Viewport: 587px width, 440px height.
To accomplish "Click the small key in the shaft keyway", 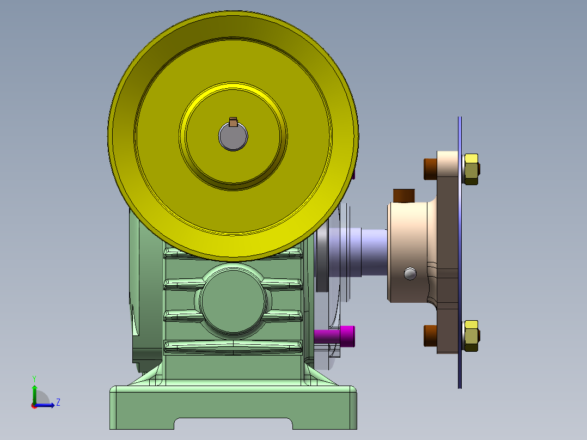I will tap(233, 122).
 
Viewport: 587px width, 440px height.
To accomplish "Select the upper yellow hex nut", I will tap(471, 169).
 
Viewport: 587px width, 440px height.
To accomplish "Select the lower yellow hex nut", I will tap(471, 335).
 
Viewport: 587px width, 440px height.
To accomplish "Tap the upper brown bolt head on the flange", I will tap(430, 169).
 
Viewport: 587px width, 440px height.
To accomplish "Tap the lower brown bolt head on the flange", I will tap(430, 335).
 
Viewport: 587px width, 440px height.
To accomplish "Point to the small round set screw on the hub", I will tap(410, 273).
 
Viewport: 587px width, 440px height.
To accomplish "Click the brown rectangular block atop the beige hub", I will tap(404, 195).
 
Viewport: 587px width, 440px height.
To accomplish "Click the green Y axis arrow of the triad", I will tap(34, 391).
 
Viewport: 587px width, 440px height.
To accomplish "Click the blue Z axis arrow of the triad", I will tap(47, 405).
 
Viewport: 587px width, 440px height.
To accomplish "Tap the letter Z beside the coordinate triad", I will tap(58, 402).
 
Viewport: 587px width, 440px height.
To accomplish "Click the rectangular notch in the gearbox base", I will tap(233, 424).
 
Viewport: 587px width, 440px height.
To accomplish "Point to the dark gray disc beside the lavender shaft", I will tap(321, 261).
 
